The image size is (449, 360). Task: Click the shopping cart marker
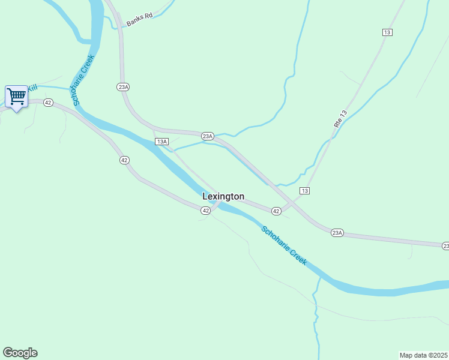(x=16, y=96)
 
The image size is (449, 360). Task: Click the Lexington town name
(x=223, y=196)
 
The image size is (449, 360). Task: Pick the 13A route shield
(x=161, y=142)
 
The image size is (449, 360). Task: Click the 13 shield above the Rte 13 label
(x=387, y=32)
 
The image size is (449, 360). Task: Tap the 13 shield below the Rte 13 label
(x=305, y=190)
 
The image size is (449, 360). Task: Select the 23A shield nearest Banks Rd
(x=123, y=87)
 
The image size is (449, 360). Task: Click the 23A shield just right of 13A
(x=207, y=136)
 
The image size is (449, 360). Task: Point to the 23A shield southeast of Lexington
(x=337, y=232)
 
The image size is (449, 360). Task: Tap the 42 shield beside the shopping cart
(x=49, y=103)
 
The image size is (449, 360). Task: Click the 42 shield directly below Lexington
(x=205, y=210)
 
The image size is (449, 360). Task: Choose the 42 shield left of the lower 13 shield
(x=276, y=211)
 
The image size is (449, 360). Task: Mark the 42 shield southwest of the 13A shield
(x=124, y=160)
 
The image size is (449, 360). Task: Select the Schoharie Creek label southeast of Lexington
(x=284, y=245)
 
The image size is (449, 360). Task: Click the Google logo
(x=20, y=353)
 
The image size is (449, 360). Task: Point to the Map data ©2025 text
(x=423, y=355)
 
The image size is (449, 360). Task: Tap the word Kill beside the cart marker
(x=32, y=88)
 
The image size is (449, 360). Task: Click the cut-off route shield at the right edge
(x=445, y=246)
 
